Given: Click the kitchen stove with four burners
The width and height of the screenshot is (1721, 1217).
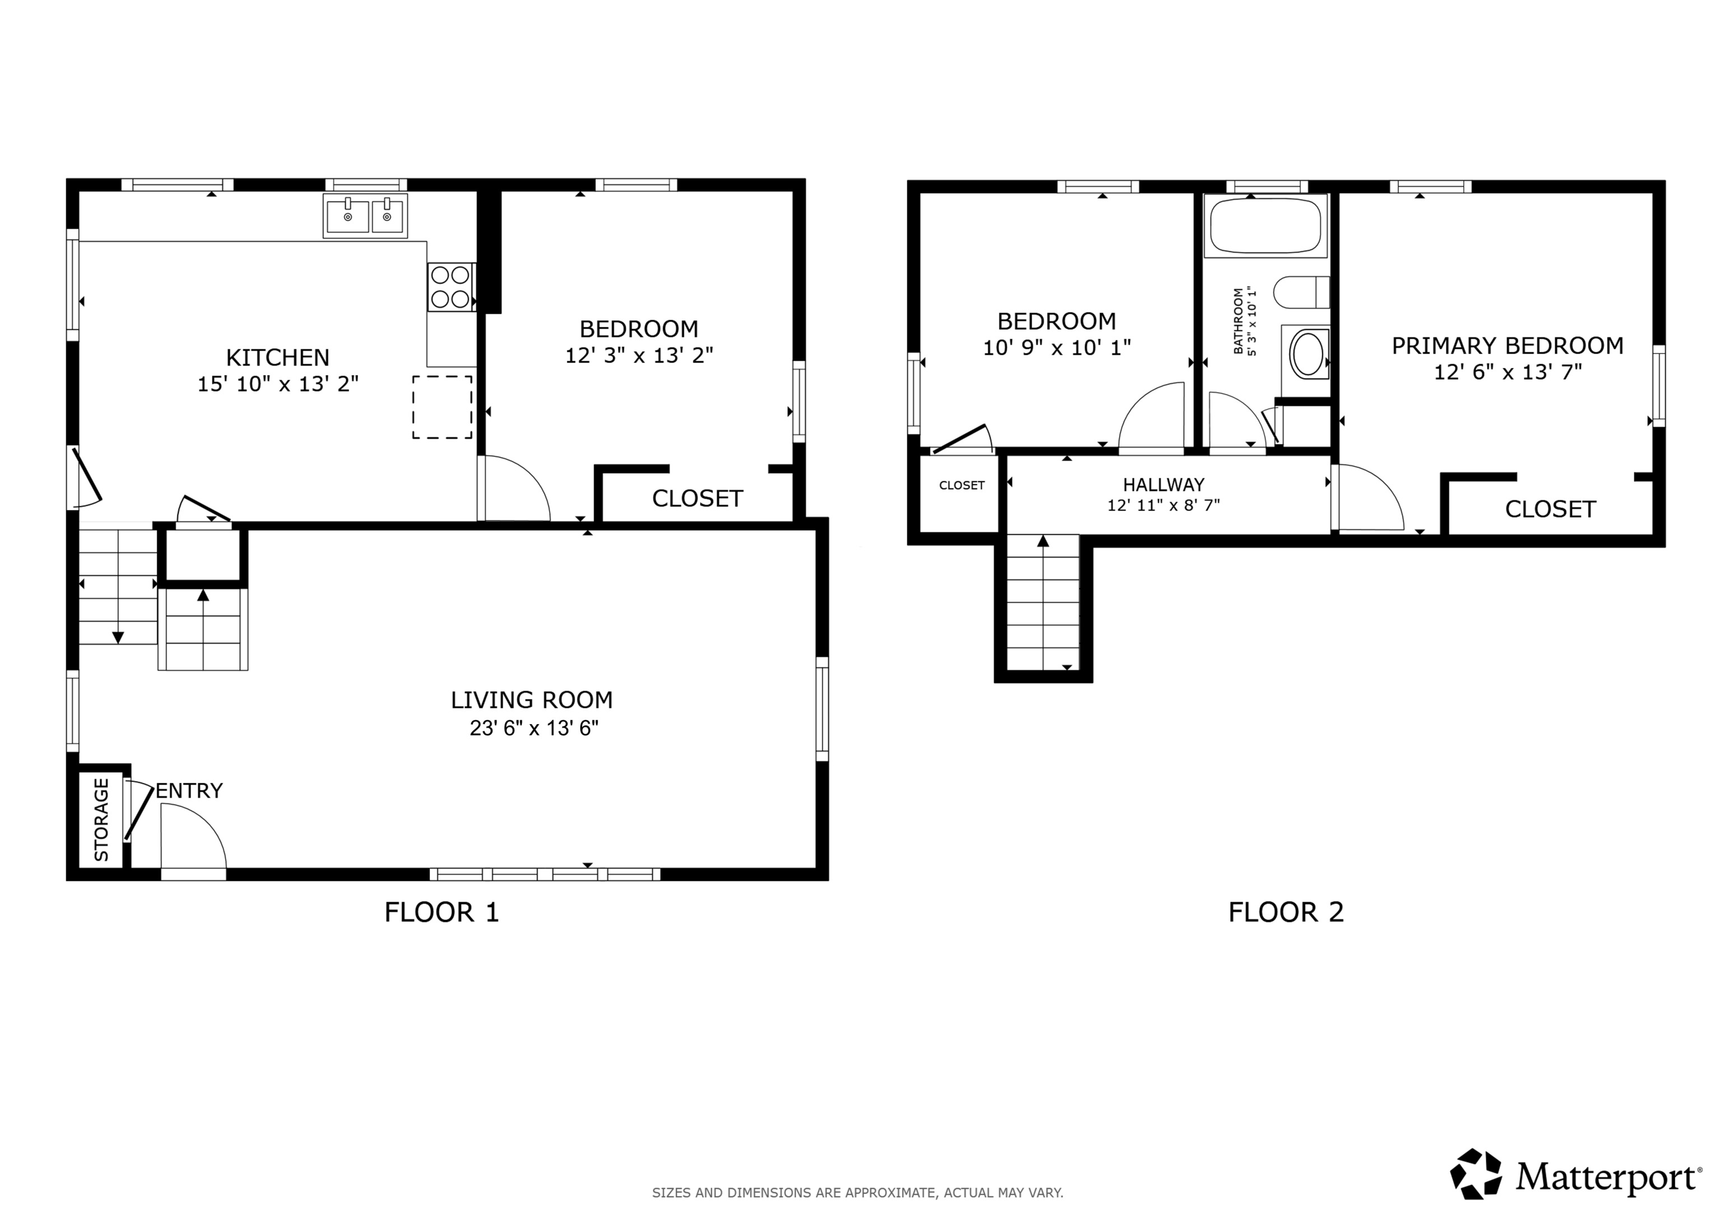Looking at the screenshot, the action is [451, 287].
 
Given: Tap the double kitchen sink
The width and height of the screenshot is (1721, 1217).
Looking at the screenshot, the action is [365, 216].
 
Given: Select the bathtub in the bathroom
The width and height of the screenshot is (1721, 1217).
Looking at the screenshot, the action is [1266, 226].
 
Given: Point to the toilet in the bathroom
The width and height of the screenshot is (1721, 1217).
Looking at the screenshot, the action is [1301, 292].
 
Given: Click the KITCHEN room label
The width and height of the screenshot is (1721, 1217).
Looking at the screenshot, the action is [278, 357].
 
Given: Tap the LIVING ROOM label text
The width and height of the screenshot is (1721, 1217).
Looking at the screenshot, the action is [532, 700].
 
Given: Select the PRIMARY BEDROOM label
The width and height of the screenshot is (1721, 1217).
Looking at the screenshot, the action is [1508, 346].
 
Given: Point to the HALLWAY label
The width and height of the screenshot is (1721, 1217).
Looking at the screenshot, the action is [1164, 485].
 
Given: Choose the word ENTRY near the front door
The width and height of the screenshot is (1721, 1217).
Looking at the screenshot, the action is [189, 791].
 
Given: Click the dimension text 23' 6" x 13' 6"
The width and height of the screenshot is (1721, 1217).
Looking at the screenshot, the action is [534, 729].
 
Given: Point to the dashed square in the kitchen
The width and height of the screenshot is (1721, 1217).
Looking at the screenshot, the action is [442, 407].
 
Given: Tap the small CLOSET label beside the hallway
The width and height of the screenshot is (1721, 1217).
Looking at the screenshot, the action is [962, 486].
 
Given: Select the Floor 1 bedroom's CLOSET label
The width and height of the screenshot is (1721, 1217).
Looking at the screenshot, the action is [697, 498].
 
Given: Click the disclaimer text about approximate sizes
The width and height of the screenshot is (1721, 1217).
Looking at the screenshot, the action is [858, 1192].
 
